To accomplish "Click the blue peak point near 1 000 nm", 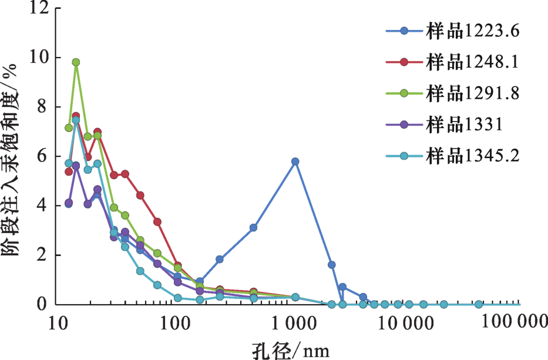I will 295,162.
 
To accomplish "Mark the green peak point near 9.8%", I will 76,62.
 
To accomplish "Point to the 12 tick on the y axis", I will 41,8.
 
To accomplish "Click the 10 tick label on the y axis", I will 41,58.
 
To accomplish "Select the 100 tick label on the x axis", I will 175,321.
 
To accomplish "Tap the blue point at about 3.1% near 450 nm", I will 253,228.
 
